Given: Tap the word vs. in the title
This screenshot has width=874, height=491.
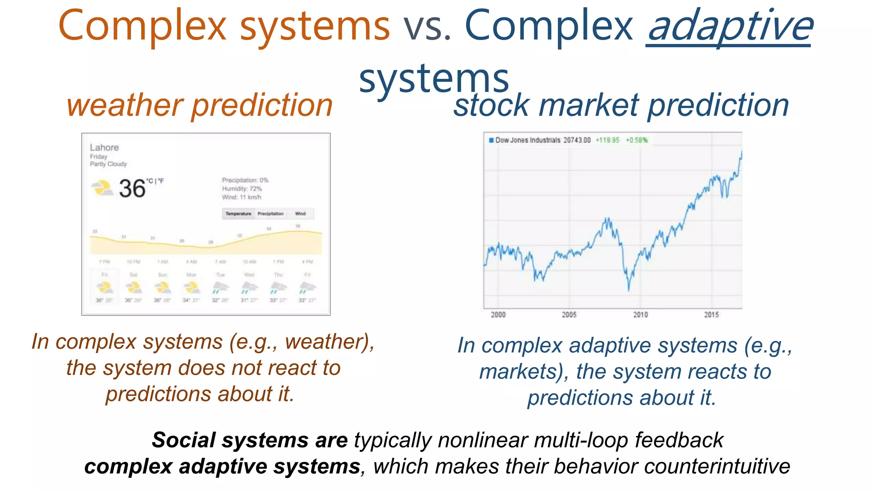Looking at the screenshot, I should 427,26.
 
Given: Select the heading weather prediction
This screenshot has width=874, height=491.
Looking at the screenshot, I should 199,105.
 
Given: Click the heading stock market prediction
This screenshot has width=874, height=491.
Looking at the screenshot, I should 621,105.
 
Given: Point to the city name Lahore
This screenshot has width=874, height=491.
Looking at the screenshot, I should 104,147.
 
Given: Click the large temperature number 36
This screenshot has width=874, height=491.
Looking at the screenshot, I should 132,188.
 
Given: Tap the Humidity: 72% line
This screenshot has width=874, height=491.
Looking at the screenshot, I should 242,188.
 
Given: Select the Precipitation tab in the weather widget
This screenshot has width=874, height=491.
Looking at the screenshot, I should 270,214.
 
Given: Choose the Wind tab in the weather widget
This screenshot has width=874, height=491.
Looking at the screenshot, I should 300,214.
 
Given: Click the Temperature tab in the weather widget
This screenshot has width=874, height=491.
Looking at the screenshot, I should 238,214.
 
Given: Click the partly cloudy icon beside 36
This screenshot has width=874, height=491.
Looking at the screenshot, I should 102,188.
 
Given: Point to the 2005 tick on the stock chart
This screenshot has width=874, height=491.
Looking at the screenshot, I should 569,315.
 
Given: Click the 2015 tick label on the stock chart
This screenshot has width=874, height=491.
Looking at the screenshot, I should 711,315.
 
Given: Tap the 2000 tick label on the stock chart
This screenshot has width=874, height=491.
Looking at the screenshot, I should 498,315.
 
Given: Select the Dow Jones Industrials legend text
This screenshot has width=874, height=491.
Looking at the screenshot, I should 527,140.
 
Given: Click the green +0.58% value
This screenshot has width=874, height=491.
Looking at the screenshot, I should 637,140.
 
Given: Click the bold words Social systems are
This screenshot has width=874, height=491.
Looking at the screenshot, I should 250,440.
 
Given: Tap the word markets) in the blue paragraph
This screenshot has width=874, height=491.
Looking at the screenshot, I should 524,372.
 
